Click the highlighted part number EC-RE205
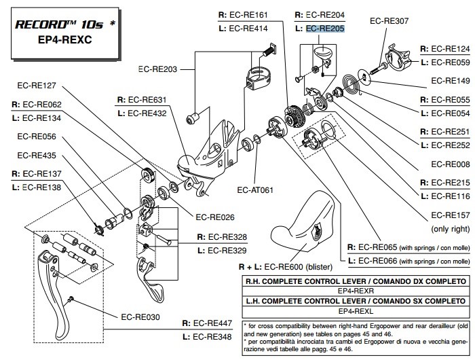(325, 29)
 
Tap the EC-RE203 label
(157, 69)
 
